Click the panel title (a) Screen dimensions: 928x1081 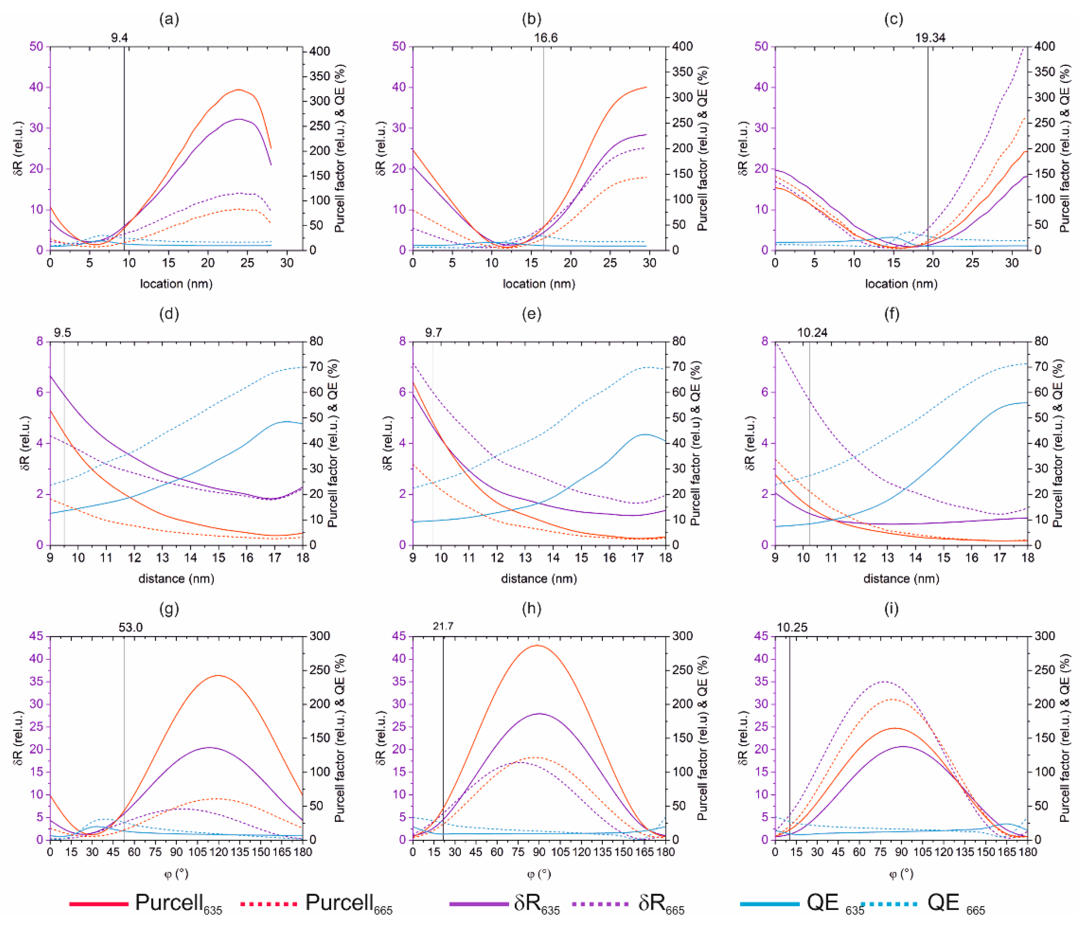[x=169, y=19]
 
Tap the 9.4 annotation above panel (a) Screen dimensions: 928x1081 [x=119, y=37]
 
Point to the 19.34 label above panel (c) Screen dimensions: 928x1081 [x=930, y=37]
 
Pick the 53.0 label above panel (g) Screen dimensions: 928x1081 [x=130, y=627]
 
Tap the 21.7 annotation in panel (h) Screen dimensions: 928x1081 [x=443, y=626]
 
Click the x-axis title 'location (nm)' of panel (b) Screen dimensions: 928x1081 [x=539, y=284]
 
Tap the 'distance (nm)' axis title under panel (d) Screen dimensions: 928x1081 [x=176, y=579]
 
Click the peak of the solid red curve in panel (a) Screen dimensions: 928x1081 [x=238, y=90]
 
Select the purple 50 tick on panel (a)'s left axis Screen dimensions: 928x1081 [x=36, y=47]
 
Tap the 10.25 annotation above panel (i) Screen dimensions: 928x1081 [x=792, y=627]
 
